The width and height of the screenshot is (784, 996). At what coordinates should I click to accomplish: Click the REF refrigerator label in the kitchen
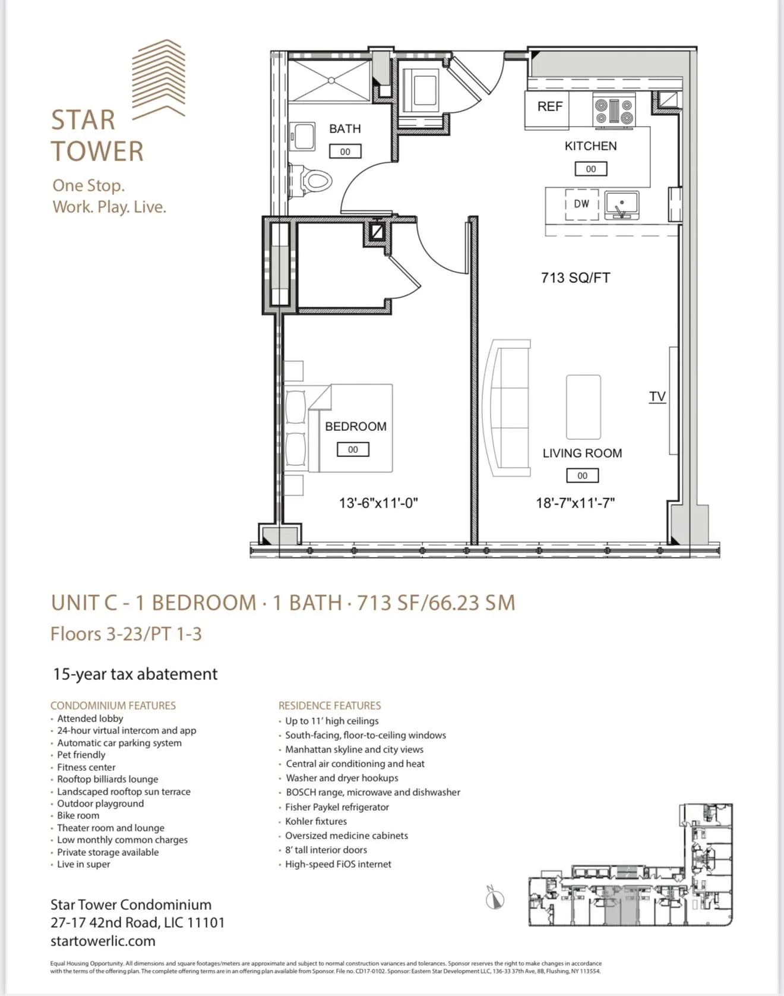[x=549, y=106]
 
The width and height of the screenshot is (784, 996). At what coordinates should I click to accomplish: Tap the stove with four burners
[x=614, y=111]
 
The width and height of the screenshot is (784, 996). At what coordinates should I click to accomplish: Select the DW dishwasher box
[x=581, y=204]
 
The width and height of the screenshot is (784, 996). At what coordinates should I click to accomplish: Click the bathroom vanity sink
[x=303, y=137]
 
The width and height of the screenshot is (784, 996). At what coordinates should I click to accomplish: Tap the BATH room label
[x=344, y=129]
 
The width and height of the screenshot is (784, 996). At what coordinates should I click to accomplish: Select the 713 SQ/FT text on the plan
[x=575, y=278]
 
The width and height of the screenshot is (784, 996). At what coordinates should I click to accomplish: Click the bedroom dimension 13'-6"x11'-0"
[x=378, y=503]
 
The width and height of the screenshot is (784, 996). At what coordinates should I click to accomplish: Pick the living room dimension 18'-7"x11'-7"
[x=575, y=503]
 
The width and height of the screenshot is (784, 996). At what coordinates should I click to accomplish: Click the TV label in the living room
[x=657, y=396]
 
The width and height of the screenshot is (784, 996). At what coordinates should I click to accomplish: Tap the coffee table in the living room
[x=583, y=407]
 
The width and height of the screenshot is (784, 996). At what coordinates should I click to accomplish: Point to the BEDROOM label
[x=355, y=426]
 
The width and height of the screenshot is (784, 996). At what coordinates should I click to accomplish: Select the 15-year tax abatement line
[x=135, y=674]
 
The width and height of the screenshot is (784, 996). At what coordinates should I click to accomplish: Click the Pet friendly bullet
[x=81, y=755]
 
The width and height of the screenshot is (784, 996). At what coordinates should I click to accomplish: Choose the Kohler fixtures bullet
[x=315, y=821]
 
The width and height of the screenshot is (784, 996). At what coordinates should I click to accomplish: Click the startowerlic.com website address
[x=103, y=941]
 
